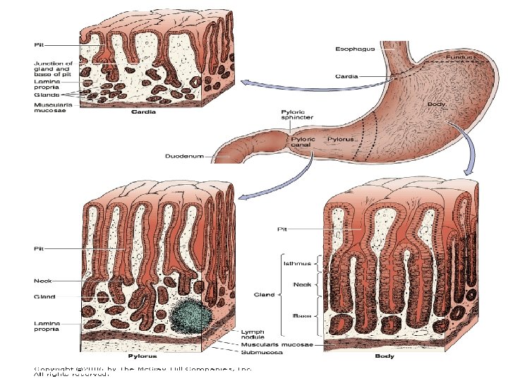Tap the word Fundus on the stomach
click(459, 54)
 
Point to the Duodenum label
click(185, 155)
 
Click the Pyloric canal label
click(305, 143)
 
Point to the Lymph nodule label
click(253, 333)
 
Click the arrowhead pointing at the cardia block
click(244, 84)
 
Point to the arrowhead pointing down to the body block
click(466, 171)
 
